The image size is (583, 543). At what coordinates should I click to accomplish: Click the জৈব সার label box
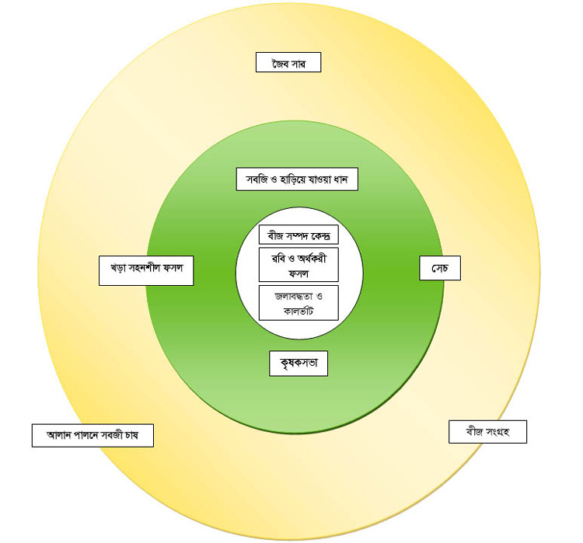(x=288, y=62)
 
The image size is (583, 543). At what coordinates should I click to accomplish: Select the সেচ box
(x=440, y=268)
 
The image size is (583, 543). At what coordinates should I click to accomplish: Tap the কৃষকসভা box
(x=298, y=363)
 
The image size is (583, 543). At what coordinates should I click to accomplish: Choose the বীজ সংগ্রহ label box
(x=487, y=432)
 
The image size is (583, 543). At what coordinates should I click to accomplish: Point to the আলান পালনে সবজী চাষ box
(x=92, y=435)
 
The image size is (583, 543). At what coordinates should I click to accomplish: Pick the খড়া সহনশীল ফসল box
(x=146, y=270)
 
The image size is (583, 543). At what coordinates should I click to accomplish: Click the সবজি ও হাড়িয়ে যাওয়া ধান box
(x=296, y=179)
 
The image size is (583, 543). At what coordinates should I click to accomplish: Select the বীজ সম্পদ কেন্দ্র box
(x=298, y=235)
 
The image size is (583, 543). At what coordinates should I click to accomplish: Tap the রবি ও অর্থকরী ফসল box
(x=298, y=264)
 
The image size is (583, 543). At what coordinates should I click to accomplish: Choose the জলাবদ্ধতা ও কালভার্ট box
(x=298, y=302)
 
